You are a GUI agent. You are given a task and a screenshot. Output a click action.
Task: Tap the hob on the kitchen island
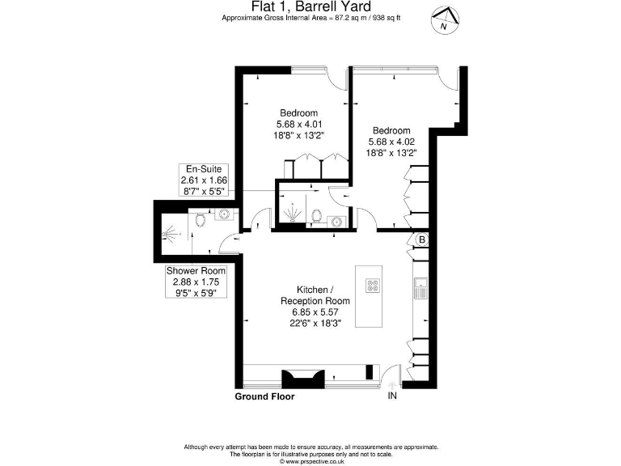374,285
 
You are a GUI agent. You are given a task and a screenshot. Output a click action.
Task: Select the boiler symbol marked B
421,240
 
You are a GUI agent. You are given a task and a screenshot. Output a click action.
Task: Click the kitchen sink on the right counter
420,286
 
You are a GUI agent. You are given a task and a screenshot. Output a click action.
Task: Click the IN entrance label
392,396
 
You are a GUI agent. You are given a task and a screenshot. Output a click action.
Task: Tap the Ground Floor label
264,397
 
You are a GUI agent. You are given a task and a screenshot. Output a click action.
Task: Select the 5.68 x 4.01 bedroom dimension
299,125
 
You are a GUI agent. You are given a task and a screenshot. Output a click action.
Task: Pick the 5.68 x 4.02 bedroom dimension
391,142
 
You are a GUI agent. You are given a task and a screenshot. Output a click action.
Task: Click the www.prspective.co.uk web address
310,462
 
